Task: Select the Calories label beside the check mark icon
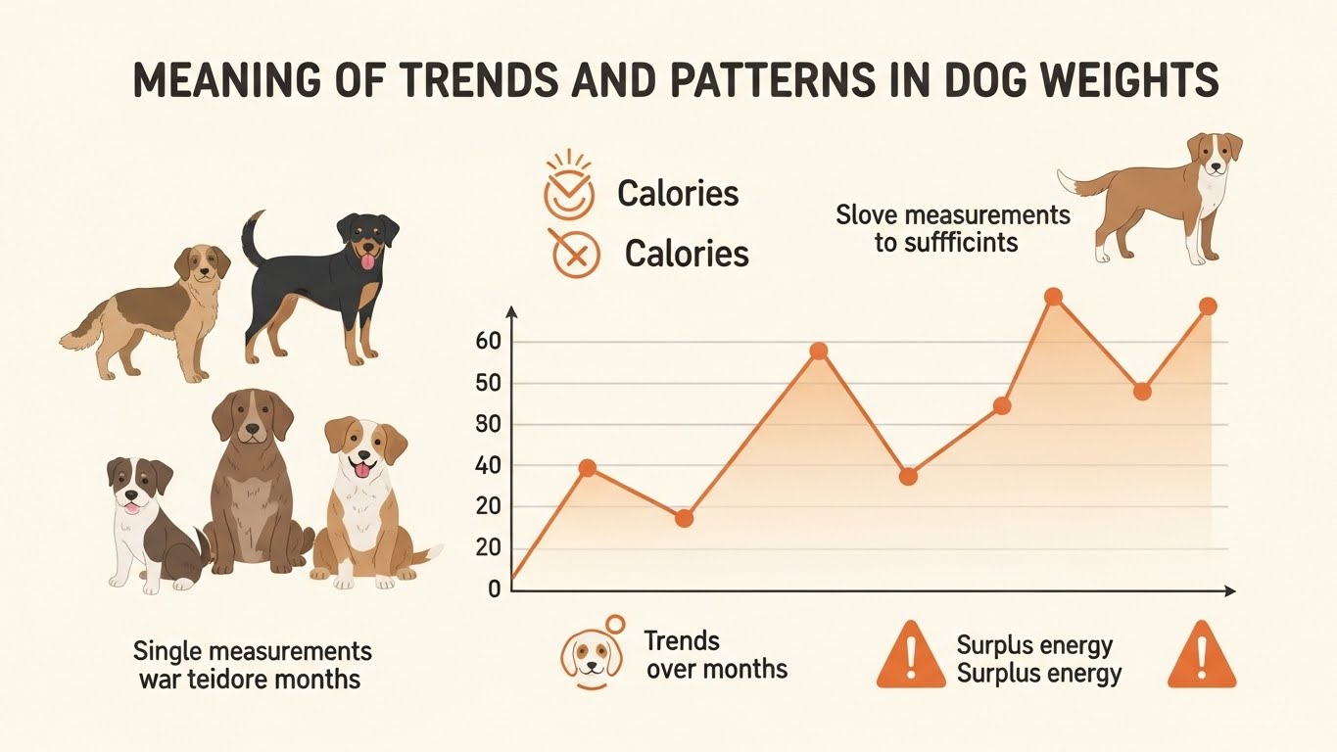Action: pos(678,193)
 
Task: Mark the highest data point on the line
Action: pos(1054,297)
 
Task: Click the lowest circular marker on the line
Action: pos(685,518)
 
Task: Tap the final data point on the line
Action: pos(1208,306)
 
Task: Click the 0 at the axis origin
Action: pos(494,589)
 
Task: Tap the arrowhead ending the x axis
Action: pos(1230,591)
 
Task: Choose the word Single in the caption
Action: pos(167,651)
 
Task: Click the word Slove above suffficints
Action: pos(873,214)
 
